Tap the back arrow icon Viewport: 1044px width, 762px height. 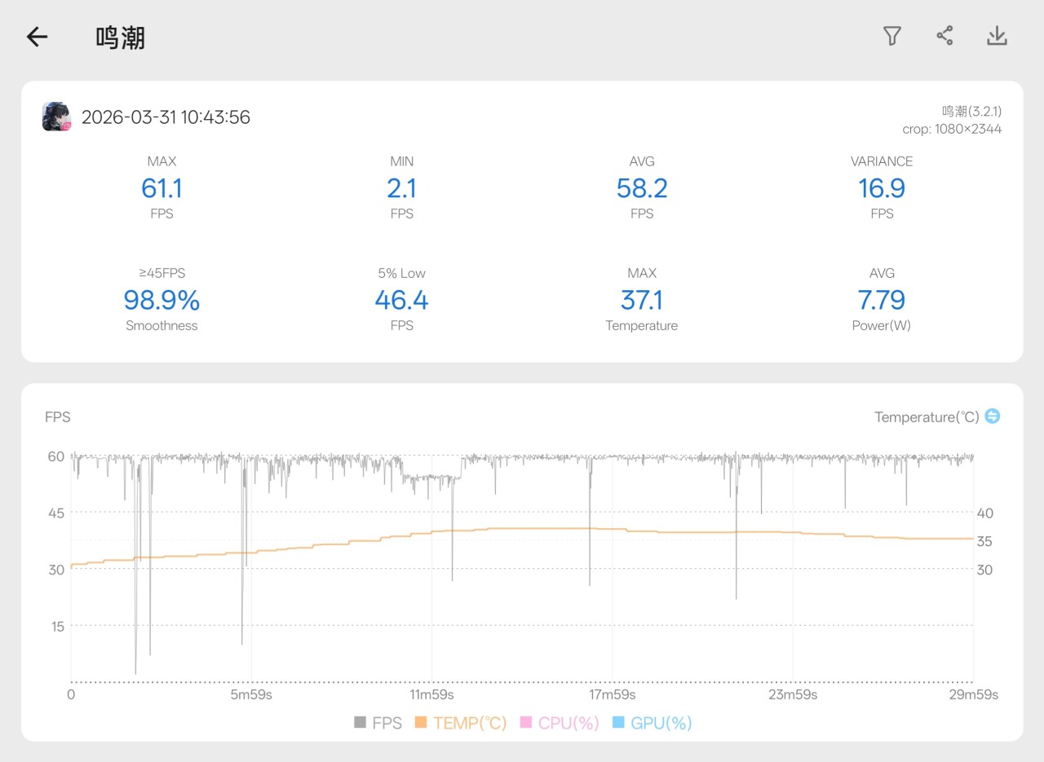tap(38, 37)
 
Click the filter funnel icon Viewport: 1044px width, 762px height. tap(892, 36)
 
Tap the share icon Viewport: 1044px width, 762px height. tap(944, 36)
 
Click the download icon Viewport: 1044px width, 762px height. tap(997, 36)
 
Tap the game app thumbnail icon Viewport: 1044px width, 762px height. tap(57, 117)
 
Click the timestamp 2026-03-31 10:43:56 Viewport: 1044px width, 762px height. tap(166, 117)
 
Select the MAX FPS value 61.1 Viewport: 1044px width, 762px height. tap(161, 188)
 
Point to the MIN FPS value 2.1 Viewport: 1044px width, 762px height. tap(401, 188)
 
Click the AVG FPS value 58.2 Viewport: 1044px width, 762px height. tap(642, 188)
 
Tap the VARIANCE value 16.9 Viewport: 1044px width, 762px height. tap(882, 188)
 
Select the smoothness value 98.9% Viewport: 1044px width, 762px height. tap(161, 300)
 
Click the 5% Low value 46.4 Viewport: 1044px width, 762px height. tap(401, 300)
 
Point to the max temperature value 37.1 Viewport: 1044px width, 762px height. tap(642, 300)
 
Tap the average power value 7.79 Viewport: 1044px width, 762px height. tap(882, 300)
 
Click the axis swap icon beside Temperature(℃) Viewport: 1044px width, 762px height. tap(992, 416)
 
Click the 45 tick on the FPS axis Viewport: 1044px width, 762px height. tap(55, 513)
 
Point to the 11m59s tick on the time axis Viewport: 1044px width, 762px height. tap(431, 694)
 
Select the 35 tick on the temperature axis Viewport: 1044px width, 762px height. tap(984, 541)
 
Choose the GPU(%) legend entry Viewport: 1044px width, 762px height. tap(652, 723)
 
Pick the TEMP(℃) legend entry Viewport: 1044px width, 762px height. tap(461, 723)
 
